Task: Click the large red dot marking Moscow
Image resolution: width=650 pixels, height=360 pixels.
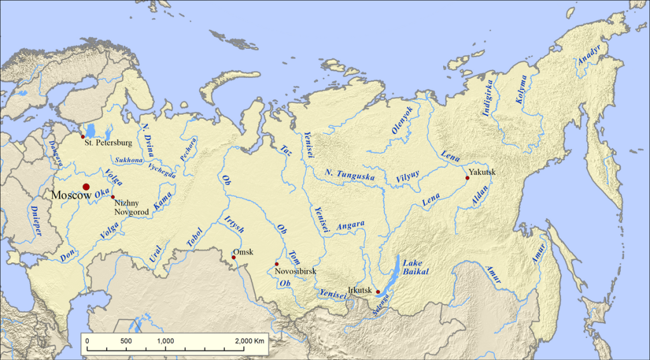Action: [86, 187]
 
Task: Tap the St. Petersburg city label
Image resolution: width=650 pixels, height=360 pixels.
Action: [108, 143]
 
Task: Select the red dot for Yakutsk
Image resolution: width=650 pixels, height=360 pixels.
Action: [467, 178]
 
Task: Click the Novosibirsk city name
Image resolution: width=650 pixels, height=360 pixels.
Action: [295, 271]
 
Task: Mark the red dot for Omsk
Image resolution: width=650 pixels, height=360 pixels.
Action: [234, 257]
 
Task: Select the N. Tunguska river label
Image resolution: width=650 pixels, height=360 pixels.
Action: [349, 176]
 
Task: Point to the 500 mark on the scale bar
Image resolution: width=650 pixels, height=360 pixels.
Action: [126, 341]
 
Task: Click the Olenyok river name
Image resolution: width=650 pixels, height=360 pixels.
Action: [402, 120]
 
